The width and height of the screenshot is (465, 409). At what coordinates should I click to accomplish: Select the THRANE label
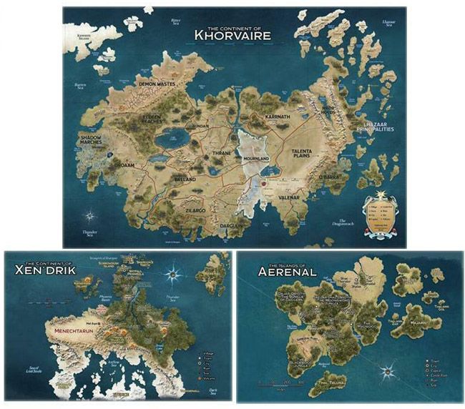point(223,153)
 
